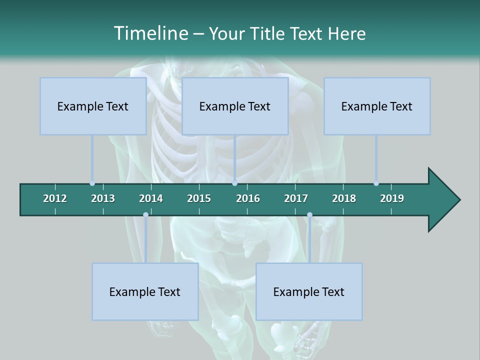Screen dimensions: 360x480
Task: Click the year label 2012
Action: tap(55, 198)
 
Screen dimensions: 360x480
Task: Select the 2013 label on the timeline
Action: tap(103, 198)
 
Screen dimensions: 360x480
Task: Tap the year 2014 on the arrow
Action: tap(151, 198)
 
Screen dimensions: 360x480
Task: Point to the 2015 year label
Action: tap(199, 198)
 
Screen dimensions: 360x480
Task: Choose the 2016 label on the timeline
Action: tap(248, 198)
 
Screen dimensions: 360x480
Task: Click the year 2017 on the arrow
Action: tap(296, 198)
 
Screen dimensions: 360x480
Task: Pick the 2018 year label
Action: tap(344, 198)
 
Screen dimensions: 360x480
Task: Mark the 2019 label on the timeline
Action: tap(392, 198)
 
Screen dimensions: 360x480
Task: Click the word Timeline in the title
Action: tap(150, 33)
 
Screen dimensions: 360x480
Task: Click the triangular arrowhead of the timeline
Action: tap(442, 200)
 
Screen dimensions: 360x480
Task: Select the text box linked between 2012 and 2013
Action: tap(93, 106)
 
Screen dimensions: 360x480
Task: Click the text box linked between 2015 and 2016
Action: tap(235, 106)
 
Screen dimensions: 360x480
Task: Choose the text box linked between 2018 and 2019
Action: tap(377, 106)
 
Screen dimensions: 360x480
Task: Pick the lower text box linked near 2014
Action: tap(145, 291)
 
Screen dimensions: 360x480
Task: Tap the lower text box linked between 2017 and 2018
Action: tap(309, 291)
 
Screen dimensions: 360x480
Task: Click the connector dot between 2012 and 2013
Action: tap(92, 183)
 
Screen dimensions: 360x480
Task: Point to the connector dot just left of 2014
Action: tap(145, 215)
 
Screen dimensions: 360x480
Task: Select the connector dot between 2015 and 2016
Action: tap(234, 183)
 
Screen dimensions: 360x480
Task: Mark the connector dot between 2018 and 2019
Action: tap(376, 183)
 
